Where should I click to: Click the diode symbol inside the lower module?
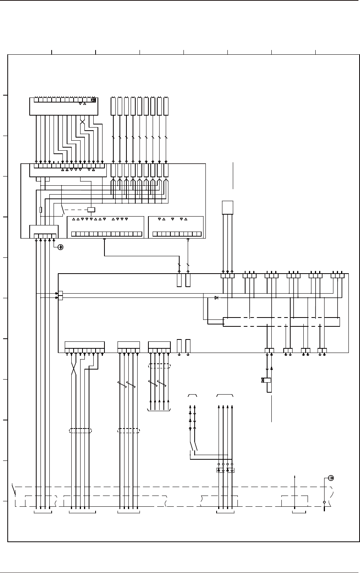[216, 298]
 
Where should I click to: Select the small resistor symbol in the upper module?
[41, 210]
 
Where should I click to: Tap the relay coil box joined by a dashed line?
[91, 210]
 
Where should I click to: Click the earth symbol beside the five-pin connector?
[60, 247]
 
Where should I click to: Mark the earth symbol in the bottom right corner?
[331, 478]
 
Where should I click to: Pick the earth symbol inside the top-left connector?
[93, 100]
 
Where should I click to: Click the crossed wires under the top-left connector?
[82, 121]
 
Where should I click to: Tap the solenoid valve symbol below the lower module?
[266, 380]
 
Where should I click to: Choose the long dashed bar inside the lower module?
[282, 322]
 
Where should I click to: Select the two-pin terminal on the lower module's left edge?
[60, 296]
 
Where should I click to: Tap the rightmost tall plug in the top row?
[166, 106]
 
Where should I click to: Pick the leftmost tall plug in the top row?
[113, 106]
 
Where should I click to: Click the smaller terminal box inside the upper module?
[176, 227]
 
